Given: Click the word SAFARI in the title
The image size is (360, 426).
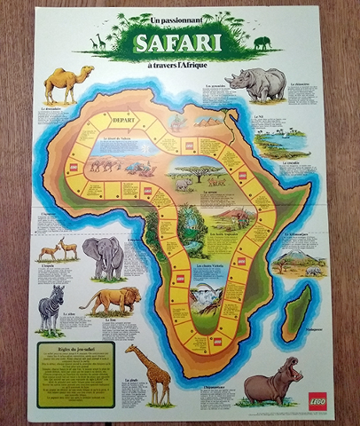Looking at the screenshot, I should tap(180, 43).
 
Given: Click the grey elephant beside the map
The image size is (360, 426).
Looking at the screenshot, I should tap(103, 256).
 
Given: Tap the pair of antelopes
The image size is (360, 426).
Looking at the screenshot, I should tap(58, 249).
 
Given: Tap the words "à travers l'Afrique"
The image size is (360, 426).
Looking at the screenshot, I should tap(181, 63).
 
